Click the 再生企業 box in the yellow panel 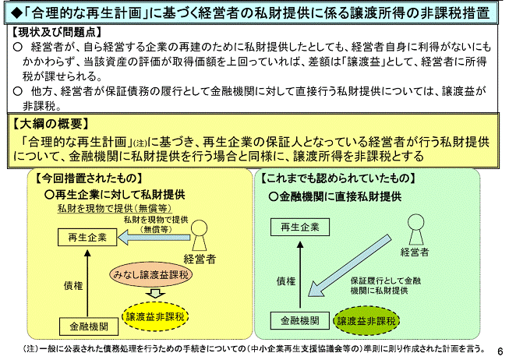87,238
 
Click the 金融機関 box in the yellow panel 89,326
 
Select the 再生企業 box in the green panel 300,227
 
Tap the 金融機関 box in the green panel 300,320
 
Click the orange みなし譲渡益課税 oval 151,274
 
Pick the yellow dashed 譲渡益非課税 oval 155,316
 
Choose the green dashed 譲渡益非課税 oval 366,321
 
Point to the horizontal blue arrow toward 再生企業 154,238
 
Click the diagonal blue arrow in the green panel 349,266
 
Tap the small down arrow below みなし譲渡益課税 155,293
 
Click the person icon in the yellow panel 199,235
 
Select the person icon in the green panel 415,230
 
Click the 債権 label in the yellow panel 73,286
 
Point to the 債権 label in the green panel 286,281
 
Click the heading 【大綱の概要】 51,124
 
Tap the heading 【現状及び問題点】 57,32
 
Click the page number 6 500,351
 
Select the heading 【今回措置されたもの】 89,178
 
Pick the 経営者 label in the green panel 415,252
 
